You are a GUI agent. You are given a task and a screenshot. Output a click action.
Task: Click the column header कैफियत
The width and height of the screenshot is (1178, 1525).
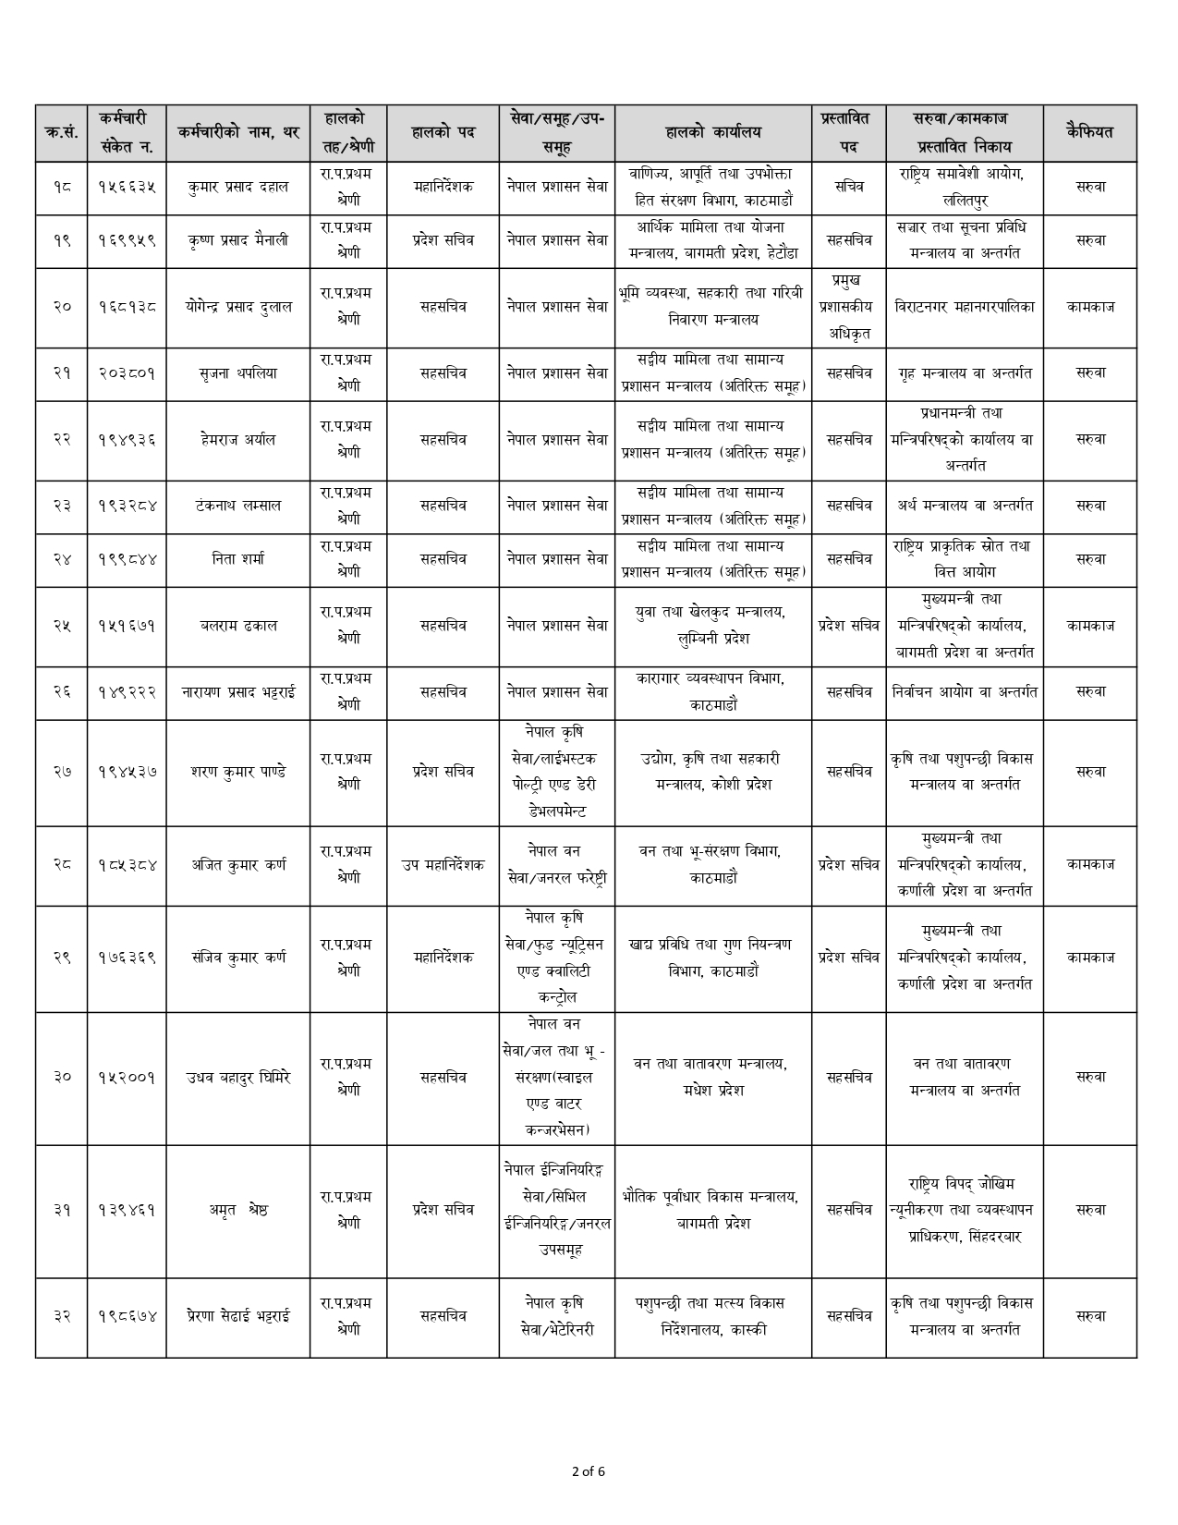[1089, 132]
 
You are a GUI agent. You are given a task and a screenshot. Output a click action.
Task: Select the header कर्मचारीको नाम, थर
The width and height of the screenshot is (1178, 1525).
[237, 132]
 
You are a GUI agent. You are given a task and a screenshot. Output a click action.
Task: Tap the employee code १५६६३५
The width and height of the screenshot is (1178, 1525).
[127, 187]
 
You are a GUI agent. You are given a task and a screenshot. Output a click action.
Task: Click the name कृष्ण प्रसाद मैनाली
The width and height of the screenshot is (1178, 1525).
[237, 240]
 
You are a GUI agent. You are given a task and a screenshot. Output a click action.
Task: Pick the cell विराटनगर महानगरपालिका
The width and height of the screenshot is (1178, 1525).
[964, 307]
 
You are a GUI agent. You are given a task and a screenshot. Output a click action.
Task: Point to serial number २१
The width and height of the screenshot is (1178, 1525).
[61, 373]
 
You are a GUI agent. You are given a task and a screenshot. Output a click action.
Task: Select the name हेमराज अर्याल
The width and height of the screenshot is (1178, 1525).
[237, 440]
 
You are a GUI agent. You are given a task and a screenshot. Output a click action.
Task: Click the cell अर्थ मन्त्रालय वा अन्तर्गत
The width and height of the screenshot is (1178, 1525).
[964, 506]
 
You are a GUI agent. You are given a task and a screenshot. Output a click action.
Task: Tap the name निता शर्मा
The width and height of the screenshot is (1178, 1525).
[237, 559]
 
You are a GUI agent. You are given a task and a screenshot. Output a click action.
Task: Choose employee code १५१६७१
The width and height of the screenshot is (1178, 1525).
[127, 626]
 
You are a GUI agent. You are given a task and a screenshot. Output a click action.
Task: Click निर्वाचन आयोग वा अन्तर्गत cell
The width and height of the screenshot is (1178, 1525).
[964, 691]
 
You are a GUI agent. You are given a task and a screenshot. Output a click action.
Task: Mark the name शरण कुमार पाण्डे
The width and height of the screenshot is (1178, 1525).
[237, 772]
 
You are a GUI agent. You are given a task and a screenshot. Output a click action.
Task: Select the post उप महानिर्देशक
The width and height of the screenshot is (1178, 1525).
[443, 865]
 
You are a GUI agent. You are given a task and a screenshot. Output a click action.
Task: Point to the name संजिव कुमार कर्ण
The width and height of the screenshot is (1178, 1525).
[237, 958]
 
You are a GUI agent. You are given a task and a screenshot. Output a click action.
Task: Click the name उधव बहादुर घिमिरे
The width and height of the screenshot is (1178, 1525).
[237, 1078]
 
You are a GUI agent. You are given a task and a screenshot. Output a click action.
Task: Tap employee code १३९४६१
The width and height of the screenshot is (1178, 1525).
[127, 1210]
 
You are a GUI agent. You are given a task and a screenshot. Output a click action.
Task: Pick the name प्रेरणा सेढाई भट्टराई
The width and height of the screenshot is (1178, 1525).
[237, 1316]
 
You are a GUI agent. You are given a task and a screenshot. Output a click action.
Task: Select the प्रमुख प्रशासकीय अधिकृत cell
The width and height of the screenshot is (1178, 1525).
[848, 307]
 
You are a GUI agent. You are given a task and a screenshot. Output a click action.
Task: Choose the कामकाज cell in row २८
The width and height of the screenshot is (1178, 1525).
[1089, 865]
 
